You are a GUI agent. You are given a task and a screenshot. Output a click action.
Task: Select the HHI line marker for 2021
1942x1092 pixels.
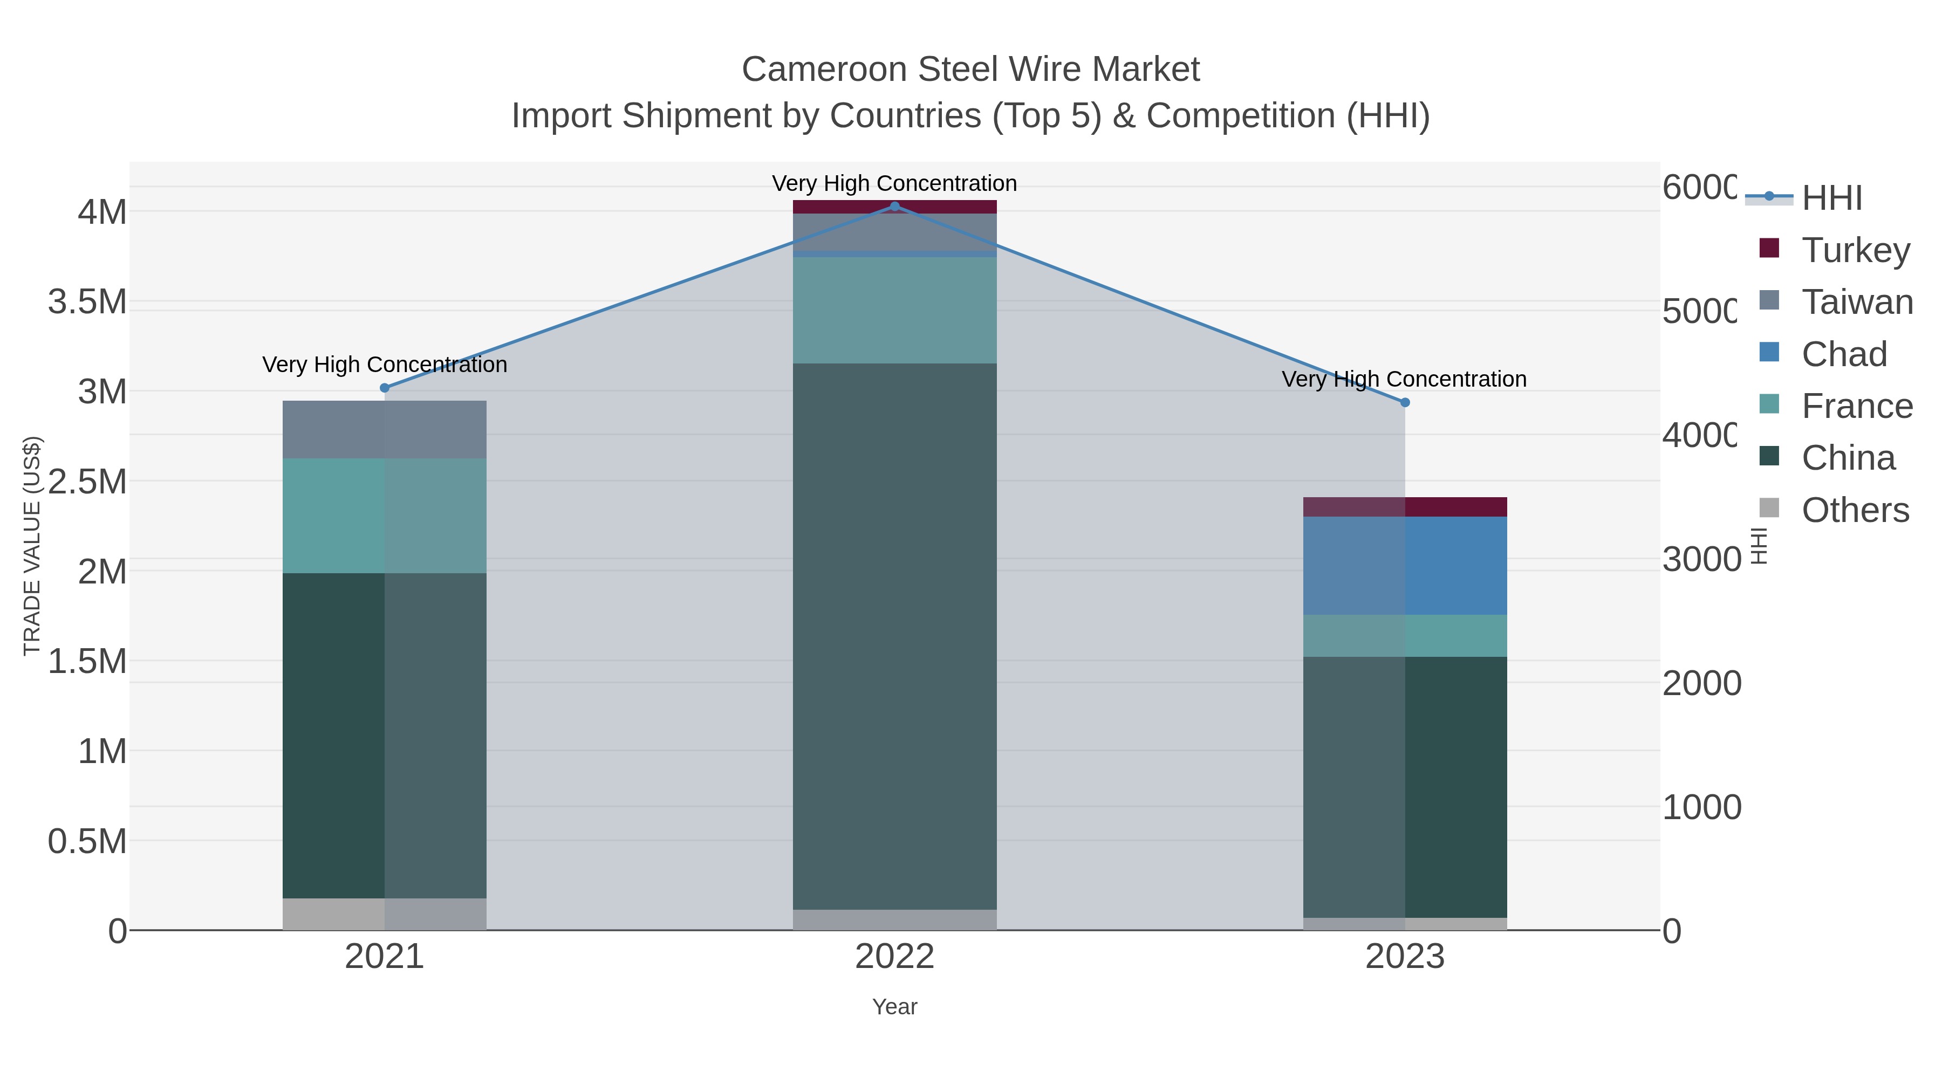click(385, 388)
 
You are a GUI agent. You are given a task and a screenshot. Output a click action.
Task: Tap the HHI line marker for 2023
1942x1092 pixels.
click(1405, 402)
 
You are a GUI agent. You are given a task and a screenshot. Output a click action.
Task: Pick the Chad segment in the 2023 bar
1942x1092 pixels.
click(1405, 565)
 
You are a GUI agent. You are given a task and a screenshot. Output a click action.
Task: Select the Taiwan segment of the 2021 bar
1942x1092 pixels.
click(385, 430)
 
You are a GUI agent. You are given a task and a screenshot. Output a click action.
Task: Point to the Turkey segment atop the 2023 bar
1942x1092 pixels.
click(1405, 506)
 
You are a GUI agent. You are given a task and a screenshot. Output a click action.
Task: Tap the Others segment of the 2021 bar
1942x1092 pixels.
click(385, 914)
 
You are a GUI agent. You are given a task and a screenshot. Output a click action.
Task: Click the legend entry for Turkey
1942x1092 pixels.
click(1855, 250)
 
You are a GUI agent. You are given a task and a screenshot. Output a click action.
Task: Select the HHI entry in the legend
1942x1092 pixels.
click(1831, 198)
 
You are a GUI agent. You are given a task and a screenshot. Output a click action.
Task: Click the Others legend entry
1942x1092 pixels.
click(1855, 510)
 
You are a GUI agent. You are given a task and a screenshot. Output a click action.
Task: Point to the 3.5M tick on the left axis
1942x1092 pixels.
click(87, 302)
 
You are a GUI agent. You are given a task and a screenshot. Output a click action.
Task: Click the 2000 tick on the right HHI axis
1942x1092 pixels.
click(1701, 684)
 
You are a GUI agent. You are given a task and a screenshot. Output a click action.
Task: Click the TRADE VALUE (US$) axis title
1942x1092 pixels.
click(32, 546)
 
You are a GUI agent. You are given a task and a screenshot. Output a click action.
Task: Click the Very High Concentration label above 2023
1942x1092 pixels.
click(1404, 379)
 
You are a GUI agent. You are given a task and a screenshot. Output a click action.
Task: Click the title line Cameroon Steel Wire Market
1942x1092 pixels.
click(970, 70)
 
